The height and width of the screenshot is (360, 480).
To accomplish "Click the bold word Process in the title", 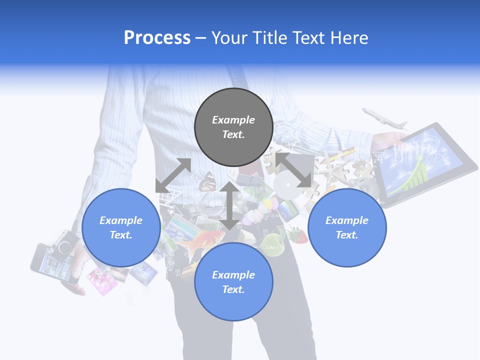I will point(157,37).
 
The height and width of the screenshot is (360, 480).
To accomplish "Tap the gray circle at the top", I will point(233,127).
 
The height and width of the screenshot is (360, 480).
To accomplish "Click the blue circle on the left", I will point(121,227).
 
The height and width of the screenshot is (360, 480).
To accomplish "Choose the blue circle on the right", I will point(347,227).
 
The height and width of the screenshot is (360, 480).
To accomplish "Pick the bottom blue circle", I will point(233,282).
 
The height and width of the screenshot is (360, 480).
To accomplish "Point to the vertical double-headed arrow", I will point(229,205).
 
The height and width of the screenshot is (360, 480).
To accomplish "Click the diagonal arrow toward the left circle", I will point(173,175).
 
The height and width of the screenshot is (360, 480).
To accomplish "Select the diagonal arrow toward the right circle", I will point(293,170).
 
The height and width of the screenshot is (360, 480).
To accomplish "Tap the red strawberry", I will point(298,235).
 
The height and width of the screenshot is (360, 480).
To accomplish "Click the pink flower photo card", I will point(102,280).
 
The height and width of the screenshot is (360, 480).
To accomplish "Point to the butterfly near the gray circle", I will point(207,182).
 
